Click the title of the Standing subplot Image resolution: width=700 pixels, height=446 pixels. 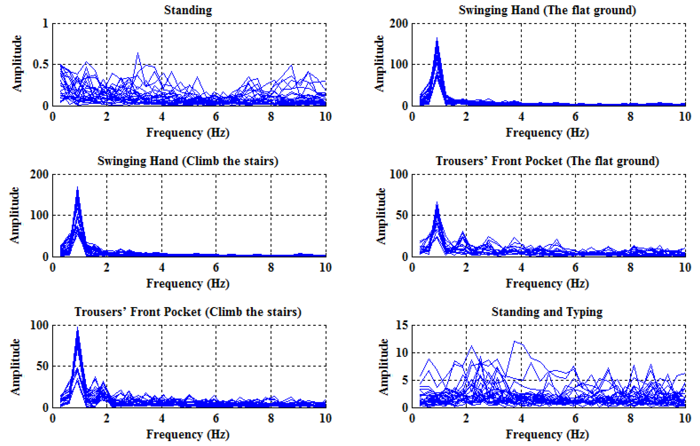click(188, 10)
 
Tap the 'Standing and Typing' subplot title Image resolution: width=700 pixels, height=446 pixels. click(547, 312)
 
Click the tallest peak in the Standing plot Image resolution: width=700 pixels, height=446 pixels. click(138, 53)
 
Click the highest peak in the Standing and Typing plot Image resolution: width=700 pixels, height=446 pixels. click(515, 341)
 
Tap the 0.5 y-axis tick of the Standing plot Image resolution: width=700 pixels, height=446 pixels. click(41, 65)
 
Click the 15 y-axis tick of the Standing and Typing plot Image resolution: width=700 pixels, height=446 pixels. click(402, 325)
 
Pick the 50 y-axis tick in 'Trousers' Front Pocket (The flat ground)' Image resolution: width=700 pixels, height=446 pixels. click(402, 215)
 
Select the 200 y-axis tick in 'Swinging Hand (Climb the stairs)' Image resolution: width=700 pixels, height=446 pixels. click(39, 174)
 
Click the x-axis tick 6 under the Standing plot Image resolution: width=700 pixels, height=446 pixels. click(216, 117)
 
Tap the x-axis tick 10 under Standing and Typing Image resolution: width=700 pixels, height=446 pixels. click(685, 419)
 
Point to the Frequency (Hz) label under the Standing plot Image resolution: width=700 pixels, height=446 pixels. click(188, 133)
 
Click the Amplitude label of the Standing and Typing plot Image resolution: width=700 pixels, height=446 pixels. click(383, 367)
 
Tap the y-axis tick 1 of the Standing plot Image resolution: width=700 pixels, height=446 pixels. click(45, 24)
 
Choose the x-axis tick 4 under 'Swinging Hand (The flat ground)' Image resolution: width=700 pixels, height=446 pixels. click(521, 117)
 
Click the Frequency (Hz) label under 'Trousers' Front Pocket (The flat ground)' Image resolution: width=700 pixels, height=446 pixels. click(547, 283)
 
